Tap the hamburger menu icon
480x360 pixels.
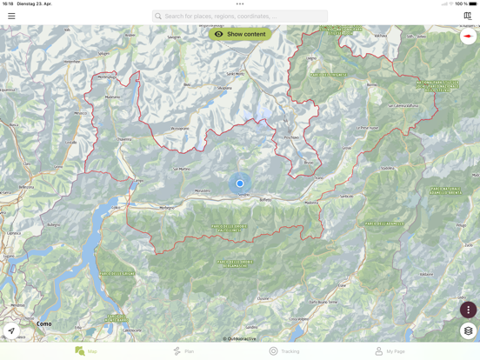pyautogui.click(x=11, y=16)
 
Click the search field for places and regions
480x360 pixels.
pyautogui.click(x=240, y=16)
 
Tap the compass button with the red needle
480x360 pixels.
pyautogui.click(x=468, y=37)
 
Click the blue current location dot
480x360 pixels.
pyautogui.click(x=240, y=183)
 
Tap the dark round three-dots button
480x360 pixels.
pyautogui.click(x=468, y=310)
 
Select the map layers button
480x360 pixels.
pyautogui.click(x=468, y=331)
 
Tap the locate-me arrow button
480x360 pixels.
pyautogui.click(x=11, y=331)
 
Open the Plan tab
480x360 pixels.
pyautogui.click(x=183, y=351)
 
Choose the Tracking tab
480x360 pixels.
pyautogui.click(x=284, y=351)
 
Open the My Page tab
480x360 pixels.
pyautogui.click(x=390, y=351)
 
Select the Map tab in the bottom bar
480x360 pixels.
pyautogui.click(x=86, y=351)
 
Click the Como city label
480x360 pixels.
pyautogui.click(x=43, y=323)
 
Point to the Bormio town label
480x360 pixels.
pyautogui.click(x=372, y=85)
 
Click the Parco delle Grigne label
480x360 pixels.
pyautogui.click(x=117, y=274)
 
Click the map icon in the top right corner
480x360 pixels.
pyautogui.click(x=468, y=16)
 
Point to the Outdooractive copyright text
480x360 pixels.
pyautogui.click(x=240, y=339)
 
